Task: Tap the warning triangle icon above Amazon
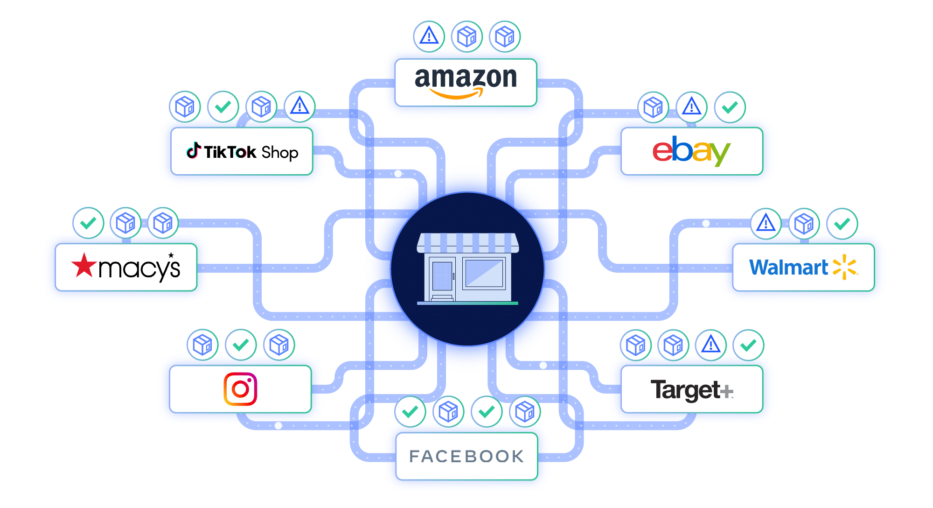(x=429, y=36)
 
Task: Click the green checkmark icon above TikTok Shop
(x=223, y=107)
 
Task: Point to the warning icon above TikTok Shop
(x=299, y=106)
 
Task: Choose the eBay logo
(x=691, y=150)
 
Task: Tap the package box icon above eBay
(x=653, y=107)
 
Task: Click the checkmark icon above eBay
(x=730, y=107)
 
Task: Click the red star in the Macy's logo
(x=84, y=265)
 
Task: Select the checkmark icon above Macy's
(x=88, y=223)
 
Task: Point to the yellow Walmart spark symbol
(x=845, y=267)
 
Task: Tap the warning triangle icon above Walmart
(x=766, y=223)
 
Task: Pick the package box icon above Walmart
(x=804, y=224)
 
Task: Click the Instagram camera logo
(x=240, y=388)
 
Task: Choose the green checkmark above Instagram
(x=241, y=345)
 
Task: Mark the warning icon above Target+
(x=710, y=345)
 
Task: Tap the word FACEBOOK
(x=466, y=456)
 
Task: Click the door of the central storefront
(x=442, y=276)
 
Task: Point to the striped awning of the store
(x=467, y=243)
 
